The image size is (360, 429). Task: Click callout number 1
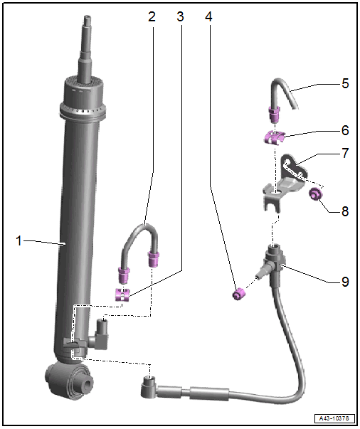(18, 240)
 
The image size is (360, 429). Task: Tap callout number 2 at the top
(152, 16)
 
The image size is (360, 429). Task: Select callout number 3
(180, 16)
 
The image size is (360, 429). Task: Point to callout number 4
(208, 16)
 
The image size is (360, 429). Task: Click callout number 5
(345, 83)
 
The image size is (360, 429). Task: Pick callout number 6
(345, 130)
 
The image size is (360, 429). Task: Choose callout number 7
(345, 153)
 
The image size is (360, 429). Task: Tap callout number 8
(345, 211)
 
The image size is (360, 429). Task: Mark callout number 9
(345, 281)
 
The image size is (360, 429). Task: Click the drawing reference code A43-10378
(334, 418)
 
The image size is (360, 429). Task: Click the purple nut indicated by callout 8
(315, 194)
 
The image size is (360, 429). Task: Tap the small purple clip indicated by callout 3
(122, 295)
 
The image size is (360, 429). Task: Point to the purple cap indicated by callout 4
(238, 294)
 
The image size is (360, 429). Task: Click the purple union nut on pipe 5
(274, 115)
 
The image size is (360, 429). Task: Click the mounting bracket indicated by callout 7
(285, 183)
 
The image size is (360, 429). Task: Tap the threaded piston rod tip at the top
(88, 20)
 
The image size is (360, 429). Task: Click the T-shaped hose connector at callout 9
(272, 263)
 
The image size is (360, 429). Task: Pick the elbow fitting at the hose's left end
(149, 386)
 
